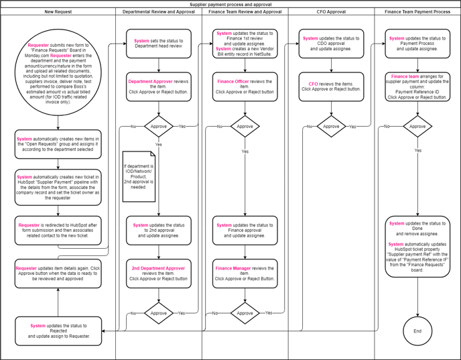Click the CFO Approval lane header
(332, 12)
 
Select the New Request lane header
(58, 12)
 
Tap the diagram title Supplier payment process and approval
(230, 4)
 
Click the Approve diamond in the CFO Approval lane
(332, 126)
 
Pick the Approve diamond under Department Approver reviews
(159, 126)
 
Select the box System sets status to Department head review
(159, 44)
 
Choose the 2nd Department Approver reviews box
(159, 273)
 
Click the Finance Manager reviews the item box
(245, 273)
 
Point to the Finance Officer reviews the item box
(245, 86)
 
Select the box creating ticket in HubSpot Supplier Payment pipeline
(58, 186)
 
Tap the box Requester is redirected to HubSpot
(58, 230)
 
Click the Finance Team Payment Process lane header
(417, 12)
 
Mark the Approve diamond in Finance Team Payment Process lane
(417, 126)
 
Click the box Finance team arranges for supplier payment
(417, 86)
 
